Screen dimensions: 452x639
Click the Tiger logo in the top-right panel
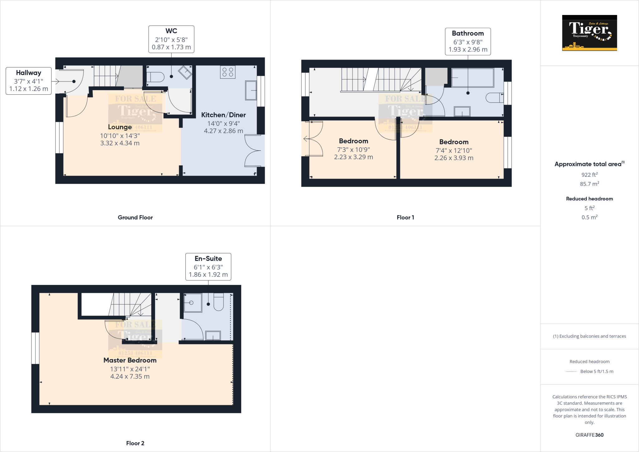coord(589,33)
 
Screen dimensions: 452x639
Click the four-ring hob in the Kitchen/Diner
coord(228,72)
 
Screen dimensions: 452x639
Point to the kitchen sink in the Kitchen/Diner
coord(251,90)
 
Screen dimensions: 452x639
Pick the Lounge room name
coord(120,127)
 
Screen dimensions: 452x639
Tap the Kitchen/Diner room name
coord(223,115)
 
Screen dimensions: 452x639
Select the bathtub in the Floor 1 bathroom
coord(472,78)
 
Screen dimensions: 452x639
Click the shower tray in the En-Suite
coord(193,302)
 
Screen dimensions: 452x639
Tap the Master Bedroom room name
coord(130,360)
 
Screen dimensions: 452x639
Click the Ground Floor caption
coord(135,218)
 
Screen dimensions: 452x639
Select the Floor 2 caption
coord(135,443)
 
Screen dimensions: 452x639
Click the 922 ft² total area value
coord(589,175)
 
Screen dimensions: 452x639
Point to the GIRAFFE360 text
coord(589,435)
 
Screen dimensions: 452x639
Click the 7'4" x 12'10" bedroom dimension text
coord(454,150)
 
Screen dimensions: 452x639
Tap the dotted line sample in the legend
coord(571,371)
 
